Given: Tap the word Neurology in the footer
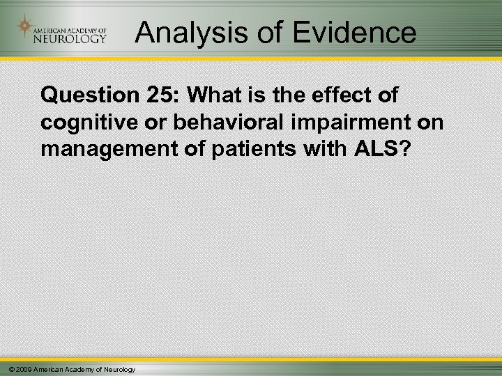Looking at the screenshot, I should [119, 368].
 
